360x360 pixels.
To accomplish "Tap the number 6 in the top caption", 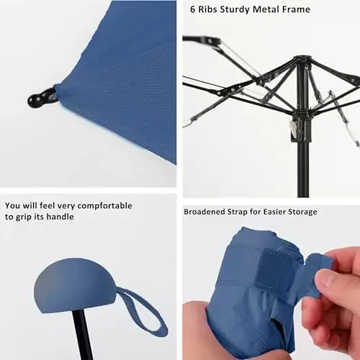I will (x=193, y=10).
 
